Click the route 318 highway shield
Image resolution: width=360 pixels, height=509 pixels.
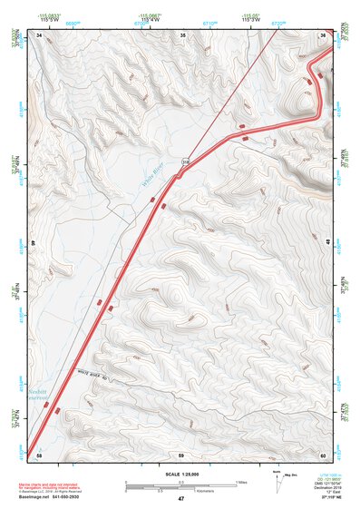185,162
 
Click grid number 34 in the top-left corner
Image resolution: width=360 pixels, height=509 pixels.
39,34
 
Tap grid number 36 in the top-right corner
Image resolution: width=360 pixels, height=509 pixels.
324,34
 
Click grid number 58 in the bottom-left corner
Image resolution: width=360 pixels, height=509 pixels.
38,454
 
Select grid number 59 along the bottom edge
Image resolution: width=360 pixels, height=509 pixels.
181,454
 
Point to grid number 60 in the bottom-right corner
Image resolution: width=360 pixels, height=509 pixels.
323,454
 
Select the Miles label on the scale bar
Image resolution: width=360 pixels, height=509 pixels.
239,482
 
